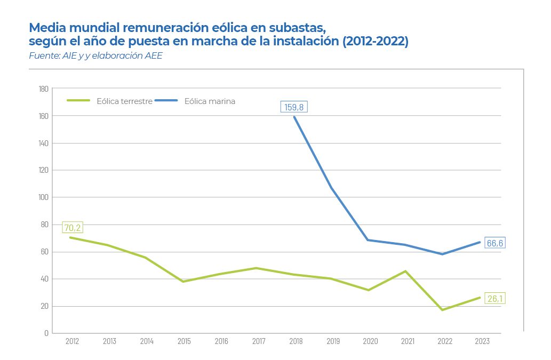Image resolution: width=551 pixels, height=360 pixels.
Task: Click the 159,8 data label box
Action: [294, 107]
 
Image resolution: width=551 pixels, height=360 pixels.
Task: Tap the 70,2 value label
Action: [73, 228]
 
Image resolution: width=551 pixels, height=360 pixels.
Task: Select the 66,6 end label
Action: [494, 243]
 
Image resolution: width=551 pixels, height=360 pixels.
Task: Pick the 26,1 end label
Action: [494, 299]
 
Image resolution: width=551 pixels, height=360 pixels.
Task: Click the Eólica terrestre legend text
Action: [125, 101]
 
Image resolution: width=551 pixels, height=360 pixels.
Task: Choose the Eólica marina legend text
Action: [210, 101]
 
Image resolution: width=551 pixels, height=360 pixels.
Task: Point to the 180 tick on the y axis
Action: [44, 89]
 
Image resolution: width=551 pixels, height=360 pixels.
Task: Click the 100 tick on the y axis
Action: [44, 197]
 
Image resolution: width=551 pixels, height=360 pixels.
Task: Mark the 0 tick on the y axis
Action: [46, 333]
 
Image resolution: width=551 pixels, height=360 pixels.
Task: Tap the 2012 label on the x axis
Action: [72, 342]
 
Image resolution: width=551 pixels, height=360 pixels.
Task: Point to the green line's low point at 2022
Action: [442, 310]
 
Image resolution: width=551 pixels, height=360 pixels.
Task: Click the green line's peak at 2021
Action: [405, 271]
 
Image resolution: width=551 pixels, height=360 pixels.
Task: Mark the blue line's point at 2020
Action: [368, 240]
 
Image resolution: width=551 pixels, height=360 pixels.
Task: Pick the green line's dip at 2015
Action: [183, 282]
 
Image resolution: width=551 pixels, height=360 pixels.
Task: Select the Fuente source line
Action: [95, 56]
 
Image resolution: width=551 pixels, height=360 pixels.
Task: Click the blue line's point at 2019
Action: [331, 188]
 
